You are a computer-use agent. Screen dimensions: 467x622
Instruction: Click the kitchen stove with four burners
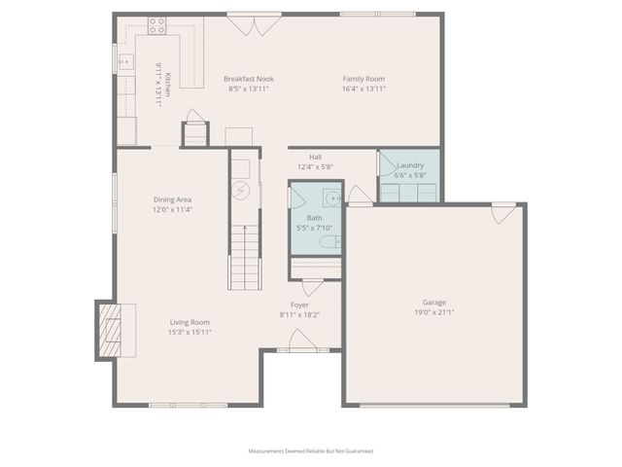click(x=157, y=26)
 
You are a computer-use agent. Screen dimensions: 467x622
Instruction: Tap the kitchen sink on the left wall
click(x=124, y=62)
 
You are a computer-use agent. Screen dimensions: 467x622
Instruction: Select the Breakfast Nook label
click(x=249, y=79)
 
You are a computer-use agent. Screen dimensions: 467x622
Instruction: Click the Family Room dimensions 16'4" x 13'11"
click(x=364, y=89)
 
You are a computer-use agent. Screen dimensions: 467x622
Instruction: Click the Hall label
click(x=315, y=157)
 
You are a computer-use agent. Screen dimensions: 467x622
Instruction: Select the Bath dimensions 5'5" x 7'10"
click(x=314, y=228)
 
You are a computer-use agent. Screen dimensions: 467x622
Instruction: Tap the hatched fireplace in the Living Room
click(x=110, y=330)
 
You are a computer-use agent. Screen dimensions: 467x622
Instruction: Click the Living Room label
click(x=190, y=322)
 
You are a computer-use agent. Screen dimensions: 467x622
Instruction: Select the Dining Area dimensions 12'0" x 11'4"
click(x=172, y=209)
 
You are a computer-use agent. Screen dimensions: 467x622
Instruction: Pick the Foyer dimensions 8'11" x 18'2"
click(x=300, y=314)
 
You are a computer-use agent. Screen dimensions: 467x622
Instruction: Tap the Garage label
click(x=434, y=303)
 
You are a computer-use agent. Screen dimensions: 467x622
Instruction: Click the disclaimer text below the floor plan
click(x=311, y=451)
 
